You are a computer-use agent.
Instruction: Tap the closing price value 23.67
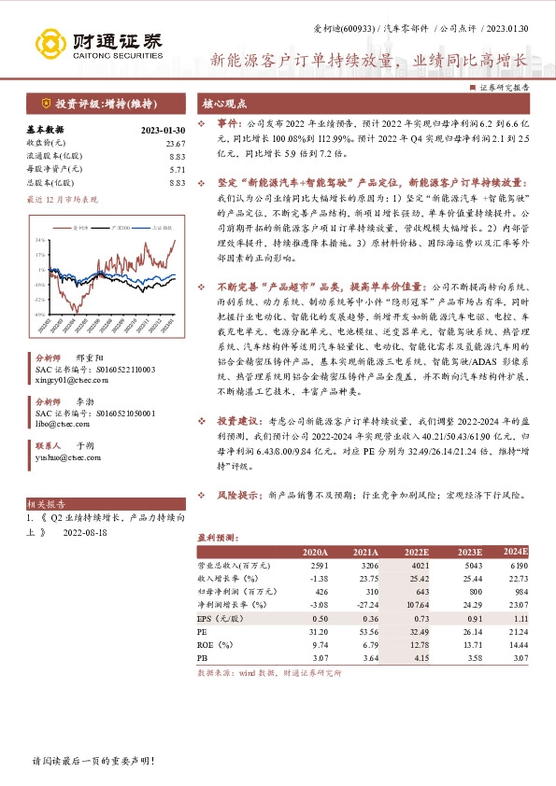click(x=176, y=143)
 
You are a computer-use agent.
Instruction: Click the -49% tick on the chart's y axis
click(x=40, y=314)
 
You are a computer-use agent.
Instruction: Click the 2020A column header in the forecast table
click(x=315, y=553)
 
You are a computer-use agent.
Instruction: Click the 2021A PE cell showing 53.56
click(x=365, y=631)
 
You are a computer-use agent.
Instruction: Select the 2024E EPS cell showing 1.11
click(x=520, y=618)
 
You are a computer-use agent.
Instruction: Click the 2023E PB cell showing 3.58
click(x=466, y=657)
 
